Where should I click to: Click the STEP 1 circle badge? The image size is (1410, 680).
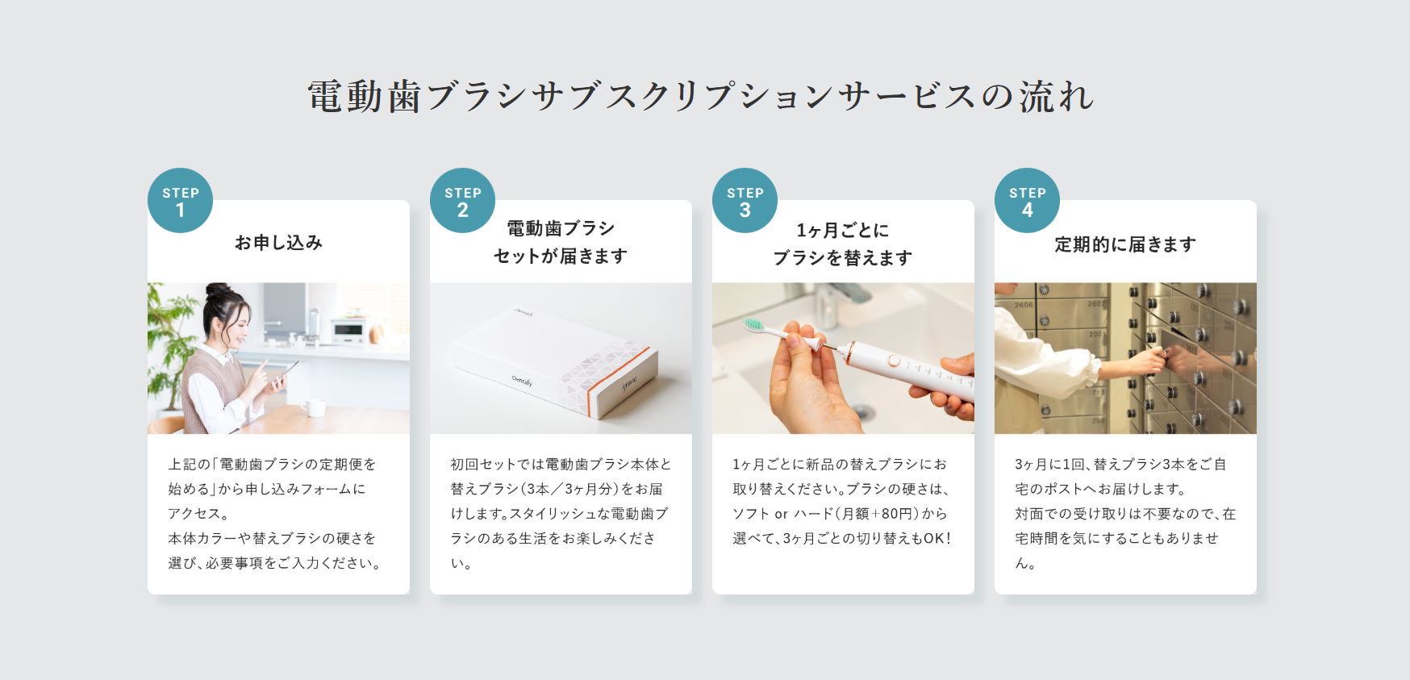click(180, 200)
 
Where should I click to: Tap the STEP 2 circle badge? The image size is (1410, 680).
click(462, 200)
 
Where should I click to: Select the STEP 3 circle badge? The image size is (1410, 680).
click(745, 200)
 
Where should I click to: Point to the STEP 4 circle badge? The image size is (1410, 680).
click(1027, 200)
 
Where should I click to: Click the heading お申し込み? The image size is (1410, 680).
click(278, 243)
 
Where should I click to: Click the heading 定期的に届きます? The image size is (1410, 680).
click(1125, 244)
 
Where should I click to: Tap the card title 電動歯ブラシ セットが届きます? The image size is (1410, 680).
click(561, 242)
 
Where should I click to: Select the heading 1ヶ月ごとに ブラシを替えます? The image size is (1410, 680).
click(843, 244)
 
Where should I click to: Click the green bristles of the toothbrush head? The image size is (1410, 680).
click(753, 324)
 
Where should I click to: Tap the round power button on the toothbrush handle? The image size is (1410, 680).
click(894, 361)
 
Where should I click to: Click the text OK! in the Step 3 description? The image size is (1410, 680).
click(937, 538)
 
